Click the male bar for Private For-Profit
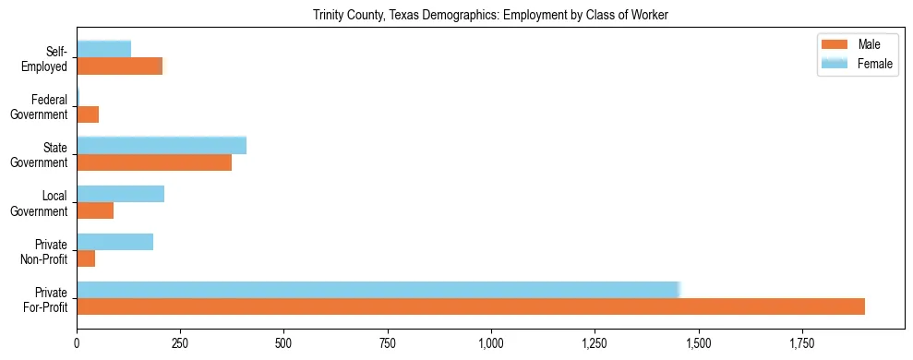(x=471, y=306)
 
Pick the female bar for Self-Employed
(x=104, y=49)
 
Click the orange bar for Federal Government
(x=88, y=114)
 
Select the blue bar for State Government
(x=162, y=145)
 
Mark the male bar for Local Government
(x=95, y=210)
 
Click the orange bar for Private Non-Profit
(x=86, y=258)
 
